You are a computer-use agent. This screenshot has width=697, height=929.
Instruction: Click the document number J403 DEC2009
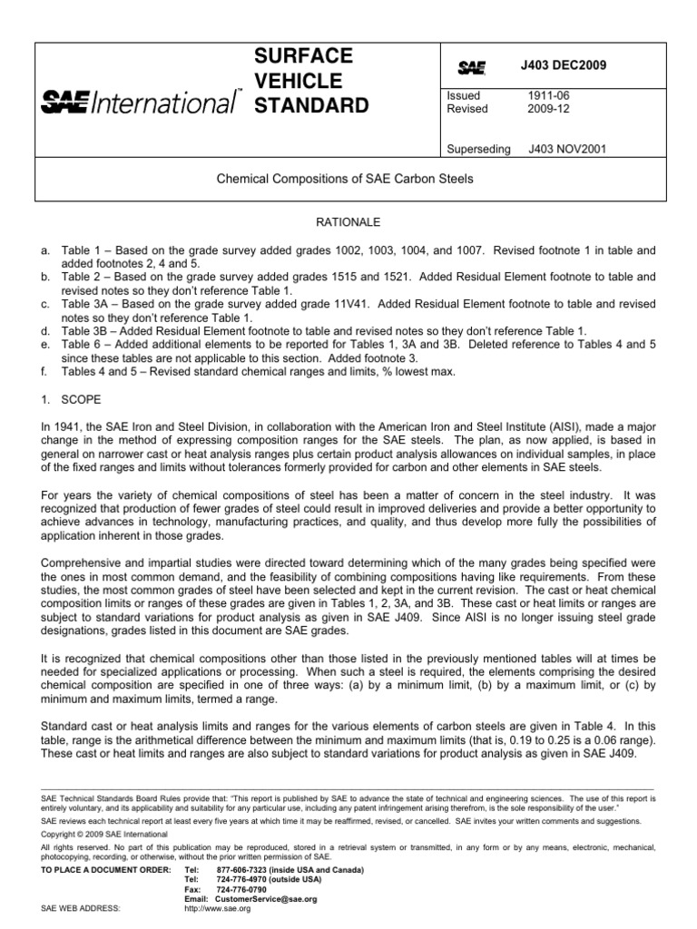coord(563,66)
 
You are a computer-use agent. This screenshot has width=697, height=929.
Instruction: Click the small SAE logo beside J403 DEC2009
coord(472,68)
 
